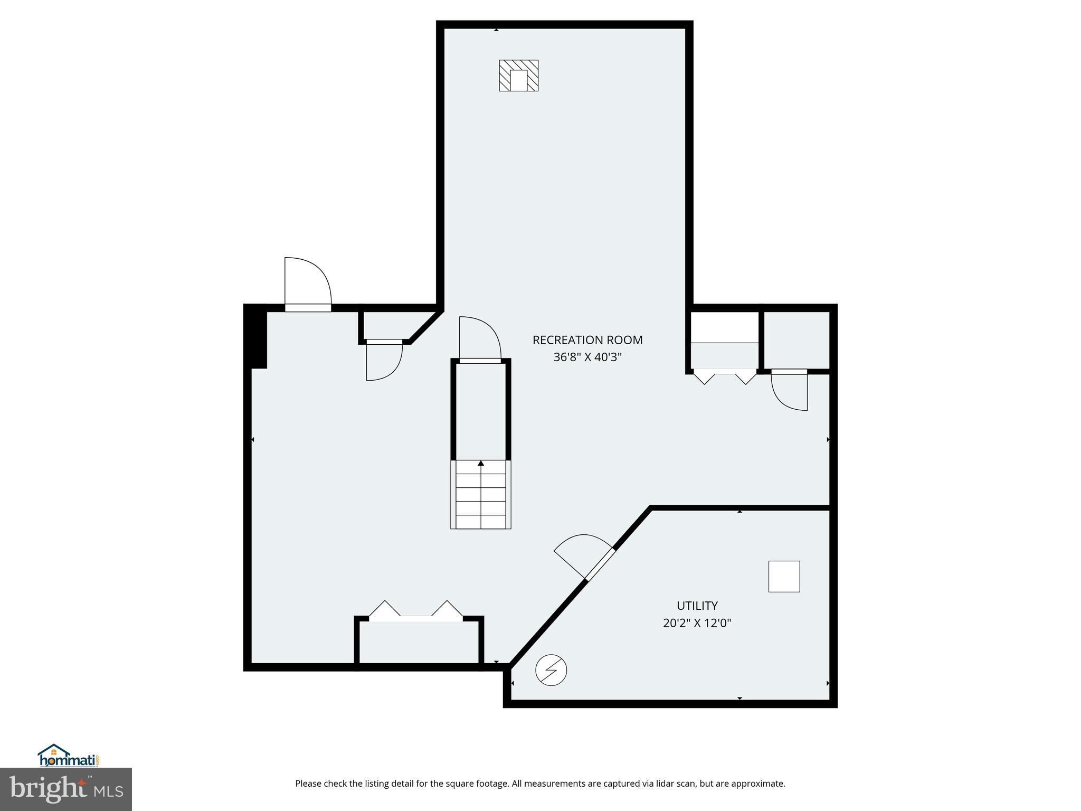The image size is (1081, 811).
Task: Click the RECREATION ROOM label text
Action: (587, 340)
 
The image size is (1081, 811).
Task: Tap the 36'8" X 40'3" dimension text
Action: (587, 357)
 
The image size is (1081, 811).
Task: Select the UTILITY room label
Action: (697, 606)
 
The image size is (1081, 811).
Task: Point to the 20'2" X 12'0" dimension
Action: (697, 623)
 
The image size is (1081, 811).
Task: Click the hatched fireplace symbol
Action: (518, 76)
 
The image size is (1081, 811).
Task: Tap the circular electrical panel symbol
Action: (551, 671)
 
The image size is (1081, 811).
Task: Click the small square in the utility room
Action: (784, 577)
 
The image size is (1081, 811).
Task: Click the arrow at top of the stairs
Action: (480, 464)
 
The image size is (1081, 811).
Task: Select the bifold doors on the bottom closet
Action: (416, 611)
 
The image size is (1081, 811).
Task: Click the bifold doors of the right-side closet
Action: (725, 377)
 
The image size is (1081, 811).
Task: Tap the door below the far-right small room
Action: (790, 391)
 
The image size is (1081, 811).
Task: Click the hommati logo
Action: (68, 756)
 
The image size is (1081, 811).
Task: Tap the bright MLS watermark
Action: (65, 789)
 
